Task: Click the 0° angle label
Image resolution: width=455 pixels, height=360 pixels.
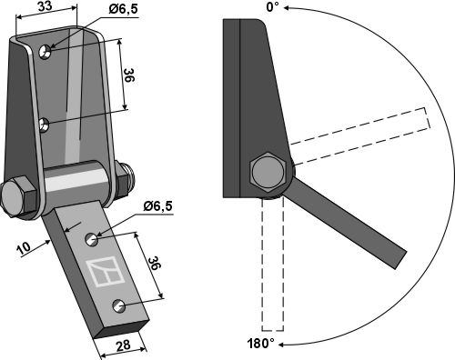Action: click(x=271, y=7)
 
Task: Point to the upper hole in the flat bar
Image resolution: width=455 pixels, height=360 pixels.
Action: click(x=93, y=240)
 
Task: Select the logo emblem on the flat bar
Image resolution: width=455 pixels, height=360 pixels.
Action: click(x=104, y=272)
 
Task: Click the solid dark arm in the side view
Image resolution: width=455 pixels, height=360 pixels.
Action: click(x=350, y=222)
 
